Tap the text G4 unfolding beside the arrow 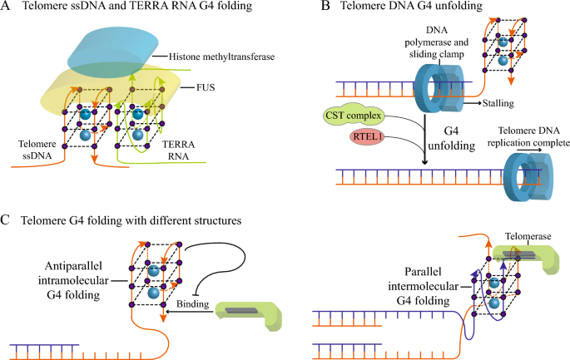(x=451, y=138)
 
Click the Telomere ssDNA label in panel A (x=37, y=150)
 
